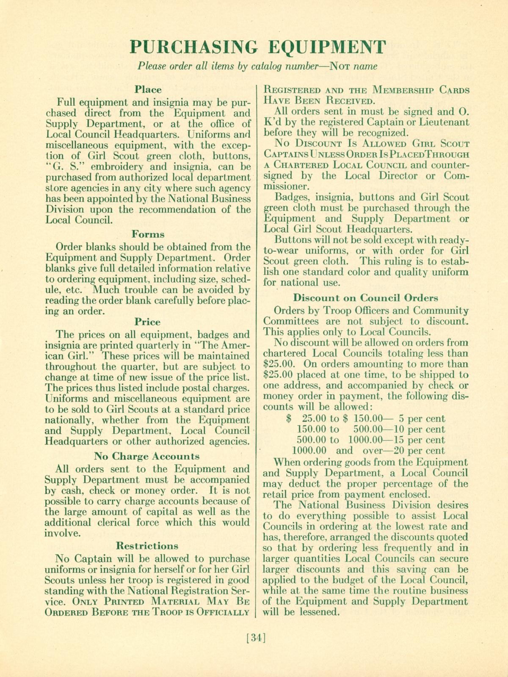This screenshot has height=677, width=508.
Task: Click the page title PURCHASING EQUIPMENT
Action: [257, 47]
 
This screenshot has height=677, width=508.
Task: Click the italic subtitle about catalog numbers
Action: [257, 66]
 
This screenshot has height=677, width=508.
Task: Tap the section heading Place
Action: [148, 90]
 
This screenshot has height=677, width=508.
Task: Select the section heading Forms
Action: [148, 234]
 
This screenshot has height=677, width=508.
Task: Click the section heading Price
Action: [148, 322]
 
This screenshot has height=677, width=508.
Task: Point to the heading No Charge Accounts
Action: [147, 456]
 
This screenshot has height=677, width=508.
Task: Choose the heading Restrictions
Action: [147, 545]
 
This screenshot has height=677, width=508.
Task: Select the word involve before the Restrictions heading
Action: [62, 533]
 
